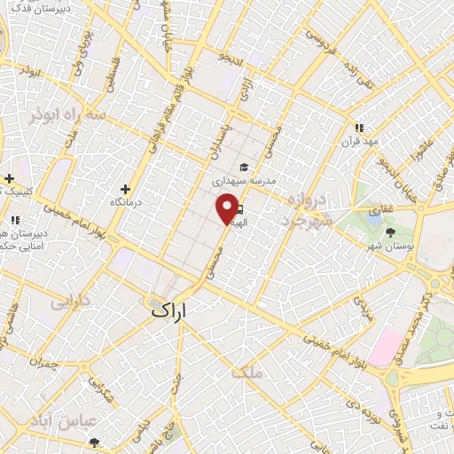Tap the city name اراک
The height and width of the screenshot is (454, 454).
pyautogui.click(x=173, y=309)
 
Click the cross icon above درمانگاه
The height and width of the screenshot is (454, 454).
pyautogui.click(x=125, y=189)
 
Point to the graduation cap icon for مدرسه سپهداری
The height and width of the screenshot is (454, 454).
pyautogui.click(x=243, y=167)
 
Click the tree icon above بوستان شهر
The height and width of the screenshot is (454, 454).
pyautogui.click(x=391, y=231)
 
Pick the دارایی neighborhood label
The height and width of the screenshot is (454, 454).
pyautogui.click(x=70, y=301)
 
